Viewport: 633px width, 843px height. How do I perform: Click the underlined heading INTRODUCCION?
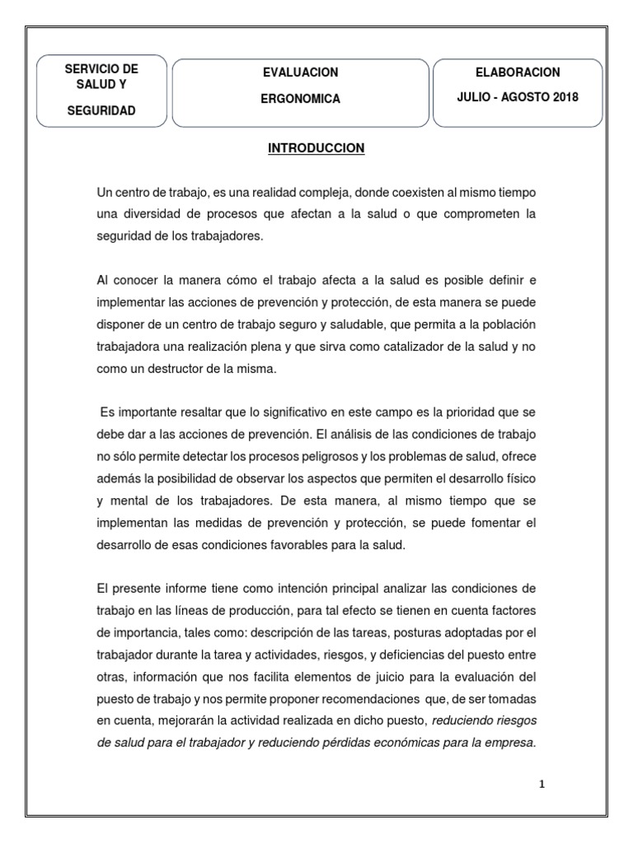coord(316,149)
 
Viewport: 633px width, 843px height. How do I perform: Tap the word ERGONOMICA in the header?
coord(300,99)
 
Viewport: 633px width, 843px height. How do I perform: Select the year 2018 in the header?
coord(565,97)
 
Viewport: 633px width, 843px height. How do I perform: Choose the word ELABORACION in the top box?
coord(518,72)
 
